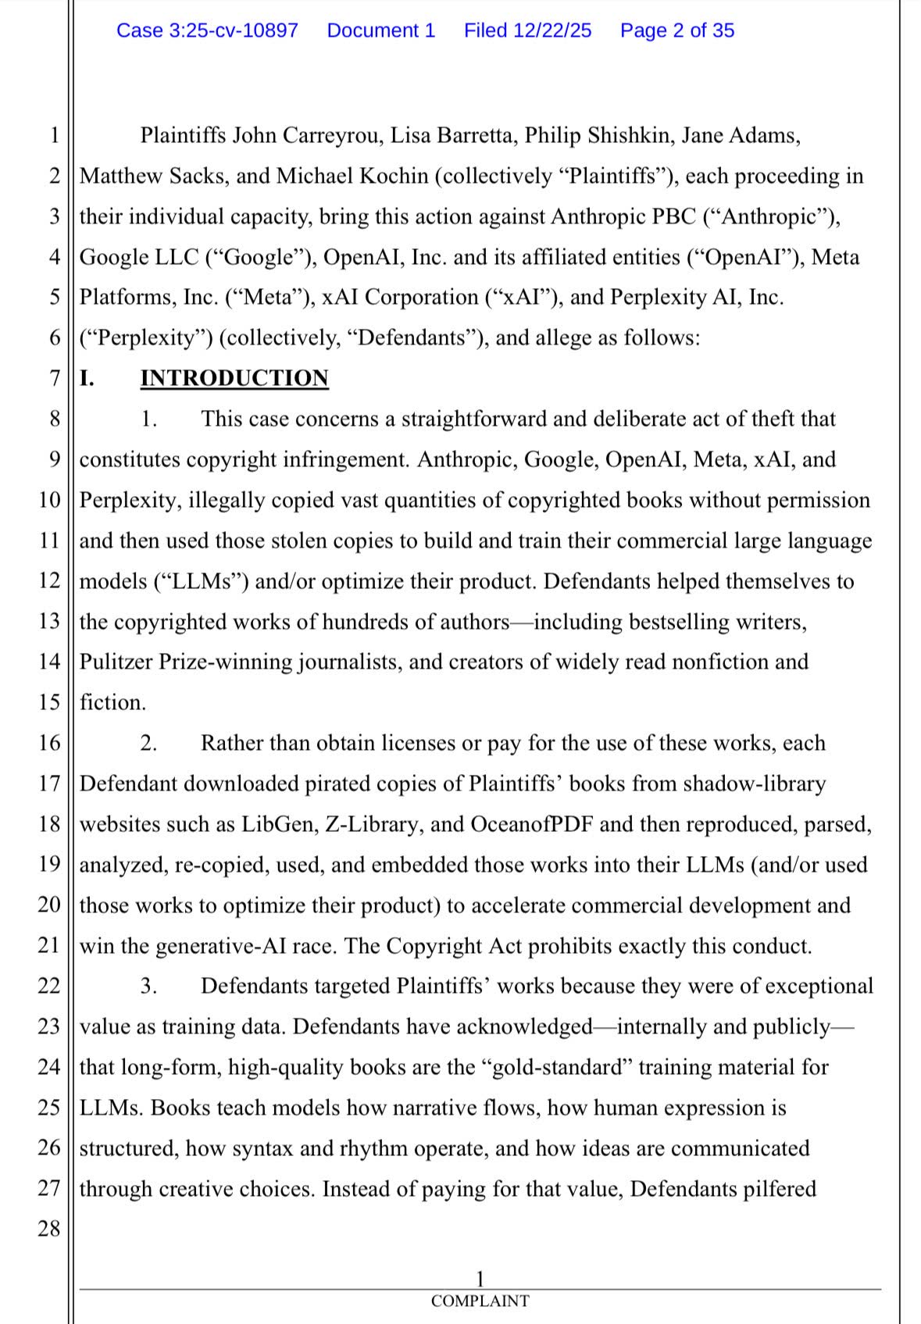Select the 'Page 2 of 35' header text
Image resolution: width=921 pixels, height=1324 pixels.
(677, 30)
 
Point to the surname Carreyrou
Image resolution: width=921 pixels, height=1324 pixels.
(332, 136)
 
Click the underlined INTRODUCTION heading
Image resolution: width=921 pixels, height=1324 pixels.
(234, 378)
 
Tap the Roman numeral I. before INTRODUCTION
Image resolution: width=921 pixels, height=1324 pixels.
(87, 378)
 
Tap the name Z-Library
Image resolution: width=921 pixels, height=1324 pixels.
(370, 825)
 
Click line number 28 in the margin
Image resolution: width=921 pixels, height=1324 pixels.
(48, 1229)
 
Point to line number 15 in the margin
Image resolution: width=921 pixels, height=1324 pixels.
(48, 703)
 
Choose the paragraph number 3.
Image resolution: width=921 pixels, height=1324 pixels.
(148, 987)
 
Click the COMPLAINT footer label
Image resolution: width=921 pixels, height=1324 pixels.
(480, 1301)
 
